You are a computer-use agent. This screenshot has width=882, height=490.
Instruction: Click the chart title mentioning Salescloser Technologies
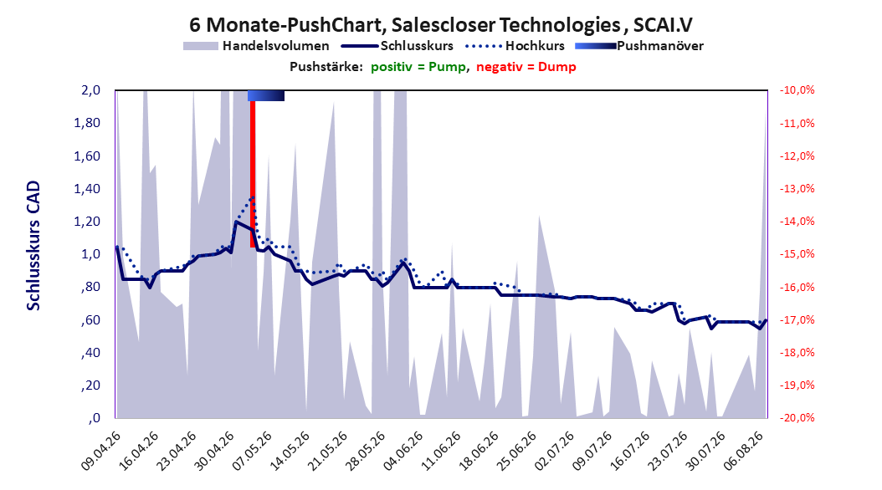pyautogui.click(x=440, y=25)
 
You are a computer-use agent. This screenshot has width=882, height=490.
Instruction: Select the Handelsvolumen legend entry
pyautogui.click(x=257, y=46)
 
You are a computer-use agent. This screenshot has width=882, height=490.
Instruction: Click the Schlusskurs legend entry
pyautogui.click(x=397, y=46)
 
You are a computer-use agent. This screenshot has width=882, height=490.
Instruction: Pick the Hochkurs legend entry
pyautogui.click(x=515, y=46)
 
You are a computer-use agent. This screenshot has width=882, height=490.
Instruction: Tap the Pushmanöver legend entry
pyautogui.click(x=639, y=46)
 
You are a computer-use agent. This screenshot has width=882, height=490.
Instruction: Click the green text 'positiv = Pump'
pyautogui.click(x=418, y=67)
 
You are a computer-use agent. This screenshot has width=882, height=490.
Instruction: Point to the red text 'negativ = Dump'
pyautogui.click(x=526, y=67)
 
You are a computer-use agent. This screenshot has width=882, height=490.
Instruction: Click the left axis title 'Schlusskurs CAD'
pyautogui.click(x=33, y=246)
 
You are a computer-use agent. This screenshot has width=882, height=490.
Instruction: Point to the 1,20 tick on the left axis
pyautogui.click(x=87, y=222)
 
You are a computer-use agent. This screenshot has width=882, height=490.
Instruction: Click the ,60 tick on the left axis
pyautogui.click(x=90, y=319)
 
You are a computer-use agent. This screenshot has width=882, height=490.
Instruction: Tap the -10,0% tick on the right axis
pyautogui.click(x=797, y=90)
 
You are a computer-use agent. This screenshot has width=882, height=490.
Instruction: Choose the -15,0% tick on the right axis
pyautogui.click(x=797, y=254)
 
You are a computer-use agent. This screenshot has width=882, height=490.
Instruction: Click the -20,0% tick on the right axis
pyautogui.click(x=797, y=418)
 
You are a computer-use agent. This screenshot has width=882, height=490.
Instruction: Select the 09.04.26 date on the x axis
pyautogui.click(x=101, y=451)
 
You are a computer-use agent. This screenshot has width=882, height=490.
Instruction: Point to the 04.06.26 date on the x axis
pyautogui.click(x=404, y=451)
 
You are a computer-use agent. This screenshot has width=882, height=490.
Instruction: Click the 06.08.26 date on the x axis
pyautogui.click(x=744, y=451)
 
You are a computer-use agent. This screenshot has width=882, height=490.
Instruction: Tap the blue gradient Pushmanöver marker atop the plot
pyautogui.click(x=266, y=95)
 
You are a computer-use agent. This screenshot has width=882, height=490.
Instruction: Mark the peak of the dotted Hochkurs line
pyautogui.click(x=253, y=197)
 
